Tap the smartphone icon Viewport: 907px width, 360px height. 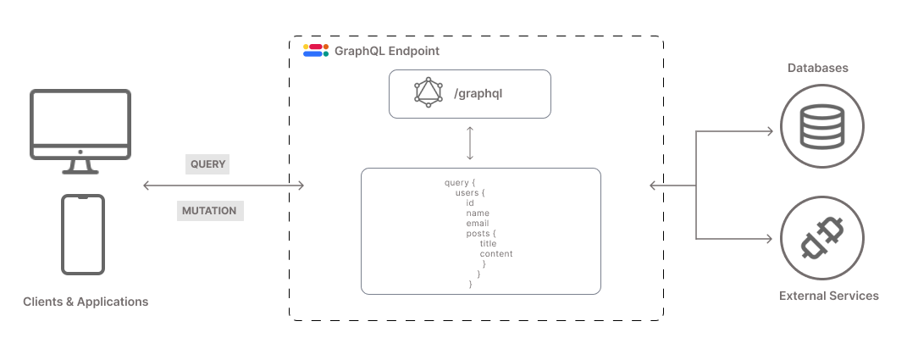point(83,234)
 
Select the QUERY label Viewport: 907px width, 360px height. point(208,163)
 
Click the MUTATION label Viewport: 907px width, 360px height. point(209,210)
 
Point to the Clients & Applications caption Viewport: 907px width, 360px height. point(86,302)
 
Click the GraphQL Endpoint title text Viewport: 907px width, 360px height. point(387,51)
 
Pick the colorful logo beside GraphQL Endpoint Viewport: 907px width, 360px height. point(315,50)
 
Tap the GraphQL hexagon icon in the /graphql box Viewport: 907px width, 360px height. point(429,92)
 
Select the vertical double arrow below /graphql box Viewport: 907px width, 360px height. point(469,143)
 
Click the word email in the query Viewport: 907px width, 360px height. point(477,224)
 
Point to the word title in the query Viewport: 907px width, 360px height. point(488,244)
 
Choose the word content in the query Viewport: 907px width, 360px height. point(496,254)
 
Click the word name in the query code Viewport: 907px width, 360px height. point(478,213)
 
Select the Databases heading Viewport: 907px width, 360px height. point(818,68)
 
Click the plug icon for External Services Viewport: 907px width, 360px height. point(822,238)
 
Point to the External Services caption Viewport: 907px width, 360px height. point(828,296)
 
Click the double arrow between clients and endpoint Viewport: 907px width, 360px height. point(224,186)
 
